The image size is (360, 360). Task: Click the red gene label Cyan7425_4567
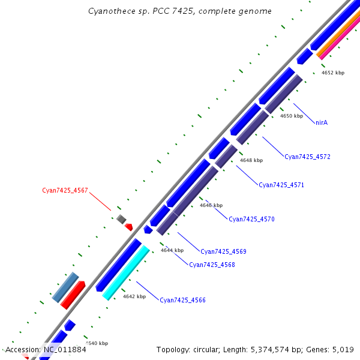pos(65,191)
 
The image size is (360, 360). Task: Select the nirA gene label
pos(322,122)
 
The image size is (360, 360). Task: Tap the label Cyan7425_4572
pos(307,157)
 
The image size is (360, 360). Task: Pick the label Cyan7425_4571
pos(281,185)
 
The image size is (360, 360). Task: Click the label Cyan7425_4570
pos(251,219)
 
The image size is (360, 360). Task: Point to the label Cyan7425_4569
pos(223,251)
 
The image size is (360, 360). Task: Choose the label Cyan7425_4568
pos(212,265)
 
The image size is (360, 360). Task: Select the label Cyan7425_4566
pos(182,300)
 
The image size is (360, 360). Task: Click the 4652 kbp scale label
pos(333,73)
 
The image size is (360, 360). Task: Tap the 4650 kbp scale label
pos(292,116)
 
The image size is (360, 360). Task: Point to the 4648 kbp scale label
pos(251,160)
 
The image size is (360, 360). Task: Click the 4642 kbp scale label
pos(134,296)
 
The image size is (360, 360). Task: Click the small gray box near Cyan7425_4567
pos(121,219)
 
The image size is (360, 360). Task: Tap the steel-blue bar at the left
pos(65,287)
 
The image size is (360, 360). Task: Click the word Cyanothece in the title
pos(108,11)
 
